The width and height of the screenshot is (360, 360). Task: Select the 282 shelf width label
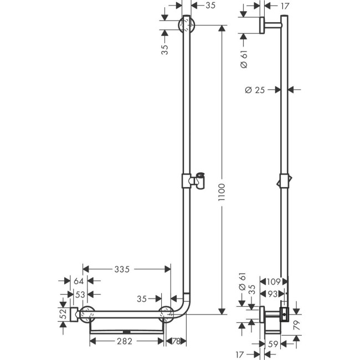coord(125,341)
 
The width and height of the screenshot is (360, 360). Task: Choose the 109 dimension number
coord(275,281)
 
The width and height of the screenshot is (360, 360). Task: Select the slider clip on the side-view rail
coord(284,181)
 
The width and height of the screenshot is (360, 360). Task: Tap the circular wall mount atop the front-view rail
coord(187,25)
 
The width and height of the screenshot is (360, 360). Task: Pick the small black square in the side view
coord(285,315)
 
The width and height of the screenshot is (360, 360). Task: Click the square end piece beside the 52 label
coord(73,314)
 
